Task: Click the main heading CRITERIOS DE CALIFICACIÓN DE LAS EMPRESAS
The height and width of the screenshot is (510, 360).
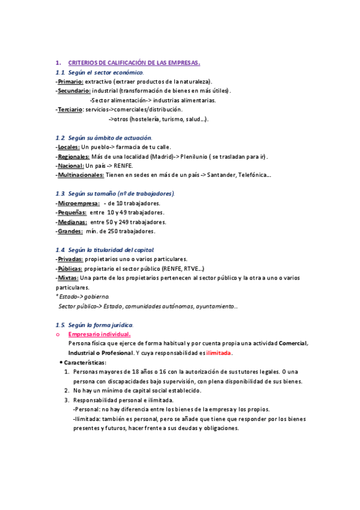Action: [x=134, y=63]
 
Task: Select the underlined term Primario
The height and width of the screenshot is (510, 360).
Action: [x=70, y=81]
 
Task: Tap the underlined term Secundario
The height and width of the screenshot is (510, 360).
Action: [x=74, y=91]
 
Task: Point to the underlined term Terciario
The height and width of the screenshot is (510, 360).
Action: [x=70, y=109]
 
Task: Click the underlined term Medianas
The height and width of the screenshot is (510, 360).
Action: [x=72, y=222]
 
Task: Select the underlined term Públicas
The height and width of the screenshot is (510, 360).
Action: [x=70, y=269]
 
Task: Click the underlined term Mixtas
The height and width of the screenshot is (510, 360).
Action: [x=67, y=278]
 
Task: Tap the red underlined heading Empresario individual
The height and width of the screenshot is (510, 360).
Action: [x=99, y=334]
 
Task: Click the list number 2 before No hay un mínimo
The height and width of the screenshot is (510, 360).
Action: [x=66, y=390]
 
